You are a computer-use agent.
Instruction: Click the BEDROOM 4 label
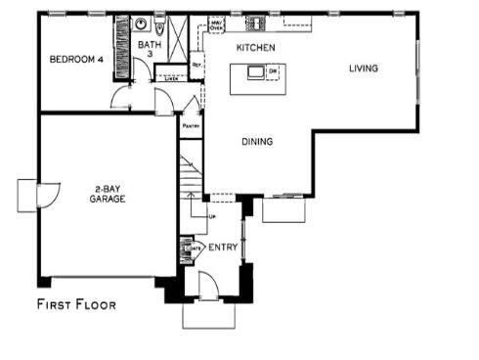tap(75, 60)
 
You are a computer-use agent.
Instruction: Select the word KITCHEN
tap(255, 47)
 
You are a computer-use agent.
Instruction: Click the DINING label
tap(257, 142)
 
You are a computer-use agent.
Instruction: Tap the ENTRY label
tap(222, 247)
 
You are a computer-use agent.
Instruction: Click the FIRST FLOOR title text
tap(76, 304)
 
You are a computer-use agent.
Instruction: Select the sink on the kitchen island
tap(258, 71)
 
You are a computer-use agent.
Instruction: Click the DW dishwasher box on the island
tap(275, 71)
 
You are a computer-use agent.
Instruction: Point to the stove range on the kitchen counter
tap(258, 22)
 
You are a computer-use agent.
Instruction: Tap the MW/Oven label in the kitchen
tap(217, 25)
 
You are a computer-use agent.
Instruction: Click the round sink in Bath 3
tap(143, 23)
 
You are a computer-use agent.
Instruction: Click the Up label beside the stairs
tap(211, 215)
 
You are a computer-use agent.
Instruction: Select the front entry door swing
tap(206, 285)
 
